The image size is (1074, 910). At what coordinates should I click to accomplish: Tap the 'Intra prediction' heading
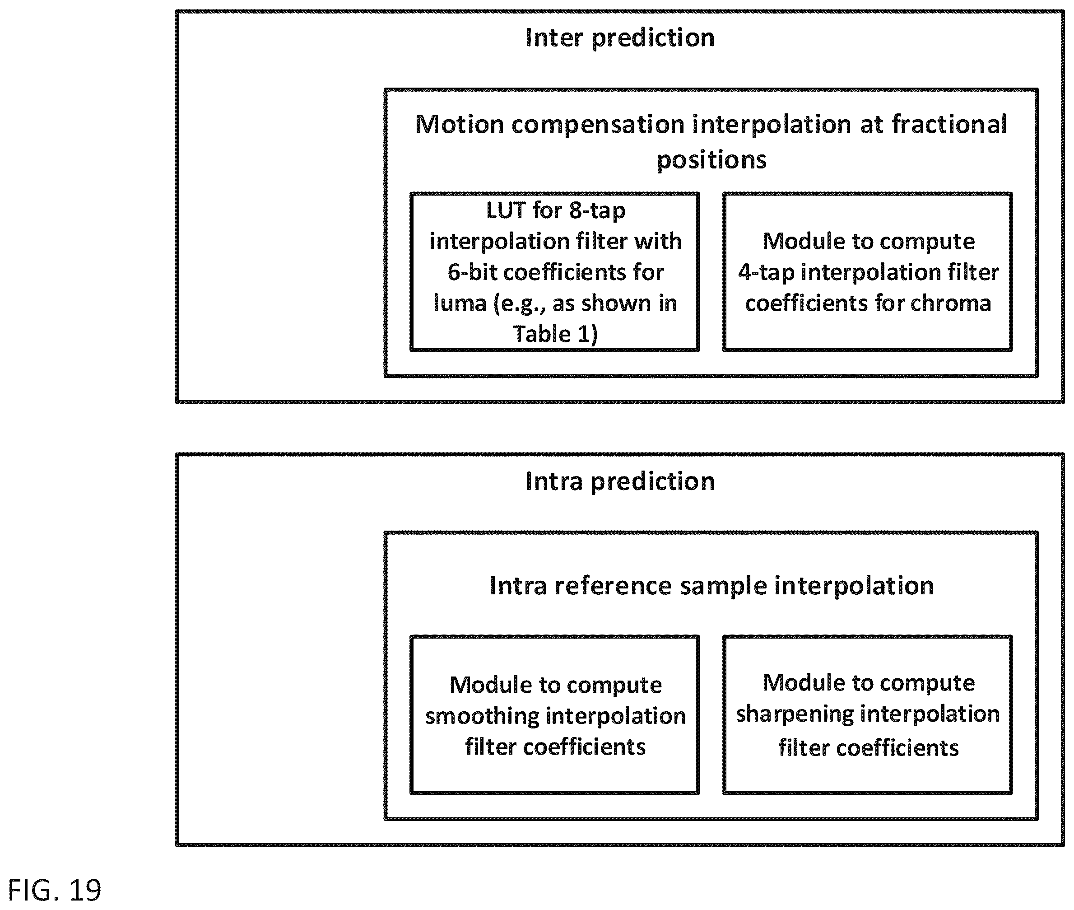coord(620,482)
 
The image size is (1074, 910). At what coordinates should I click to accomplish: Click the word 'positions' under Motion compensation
coord(711,160)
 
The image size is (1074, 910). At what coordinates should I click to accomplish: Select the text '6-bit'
coord(472,272)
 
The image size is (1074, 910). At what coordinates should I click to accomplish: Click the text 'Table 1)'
coord(555,334)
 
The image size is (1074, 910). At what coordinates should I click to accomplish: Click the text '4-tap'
coord(766,273)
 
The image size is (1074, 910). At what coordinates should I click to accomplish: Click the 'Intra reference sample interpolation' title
coord(711,586)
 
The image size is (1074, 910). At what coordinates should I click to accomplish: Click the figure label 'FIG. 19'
coord(55,891)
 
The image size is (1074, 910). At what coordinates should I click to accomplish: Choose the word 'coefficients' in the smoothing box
coord(584,747)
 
